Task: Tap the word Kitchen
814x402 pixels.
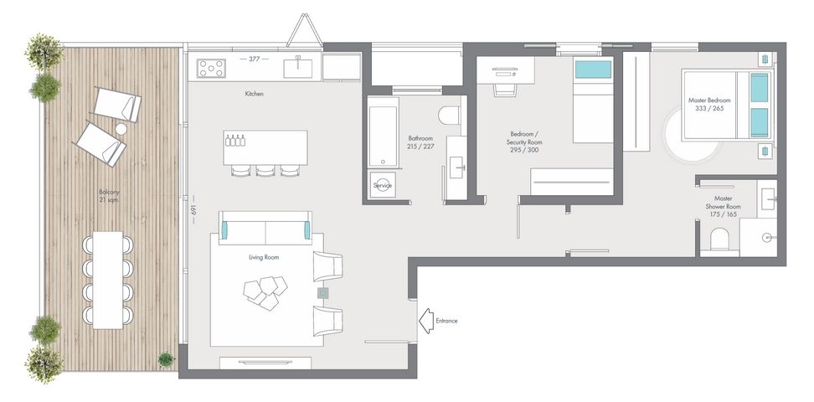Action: pyautogui.click(x=255, y=94)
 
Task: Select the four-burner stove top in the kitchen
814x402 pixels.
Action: pyautogui.click(x=211, y=69)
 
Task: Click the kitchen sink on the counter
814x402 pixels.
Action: pyautogui.click(x=298, y=68)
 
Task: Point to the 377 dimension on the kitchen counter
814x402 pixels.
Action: pyautogui.click(x=254, y=59)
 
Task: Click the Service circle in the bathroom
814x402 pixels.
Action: pyautogui.click(x=383, y=185)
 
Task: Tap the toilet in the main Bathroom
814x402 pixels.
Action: pyautogui.click(x=450, y=116)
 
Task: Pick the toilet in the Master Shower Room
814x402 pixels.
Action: pyautogui.click(x=719, y=240)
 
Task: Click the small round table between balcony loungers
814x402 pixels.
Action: pyautogui.click(x=121, y=129)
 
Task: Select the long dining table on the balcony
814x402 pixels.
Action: pyautogui.click(x=107, y=280)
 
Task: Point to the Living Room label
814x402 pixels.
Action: pyautogui.click(x=264, y=257)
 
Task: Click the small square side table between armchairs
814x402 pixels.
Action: pyautogui.click(x=323, y=293)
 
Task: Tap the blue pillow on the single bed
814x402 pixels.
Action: pyautogui.click(x=593, y=70)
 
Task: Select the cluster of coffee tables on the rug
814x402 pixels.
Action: pyautogui.click(x=265, y=292)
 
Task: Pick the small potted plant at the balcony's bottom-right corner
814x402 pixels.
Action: pyautogui.click(x=166, y=359)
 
